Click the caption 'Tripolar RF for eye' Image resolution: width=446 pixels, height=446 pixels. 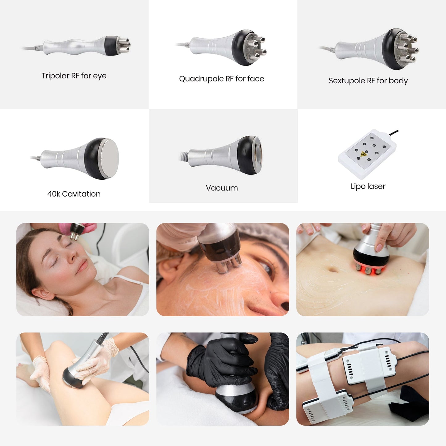[74, 76]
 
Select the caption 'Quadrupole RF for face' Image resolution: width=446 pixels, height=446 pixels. [222, 79]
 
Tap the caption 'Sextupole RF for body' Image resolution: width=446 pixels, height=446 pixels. [368, 81]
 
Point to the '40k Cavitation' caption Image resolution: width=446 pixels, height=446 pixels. [74, 194]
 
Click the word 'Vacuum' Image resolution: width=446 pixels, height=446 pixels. [222, 188]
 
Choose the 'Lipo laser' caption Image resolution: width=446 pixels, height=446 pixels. [368, 186]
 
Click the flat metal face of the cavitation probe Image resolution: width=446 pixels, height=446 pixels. [109, 158]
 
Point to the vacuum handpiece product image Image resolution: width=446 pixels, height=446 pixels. [222, 154]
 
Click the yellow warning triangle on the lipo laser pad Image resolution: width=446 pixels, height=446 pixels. [364, 154]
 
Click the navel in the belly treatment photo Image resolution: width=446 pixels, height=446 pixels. [333, 269]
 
